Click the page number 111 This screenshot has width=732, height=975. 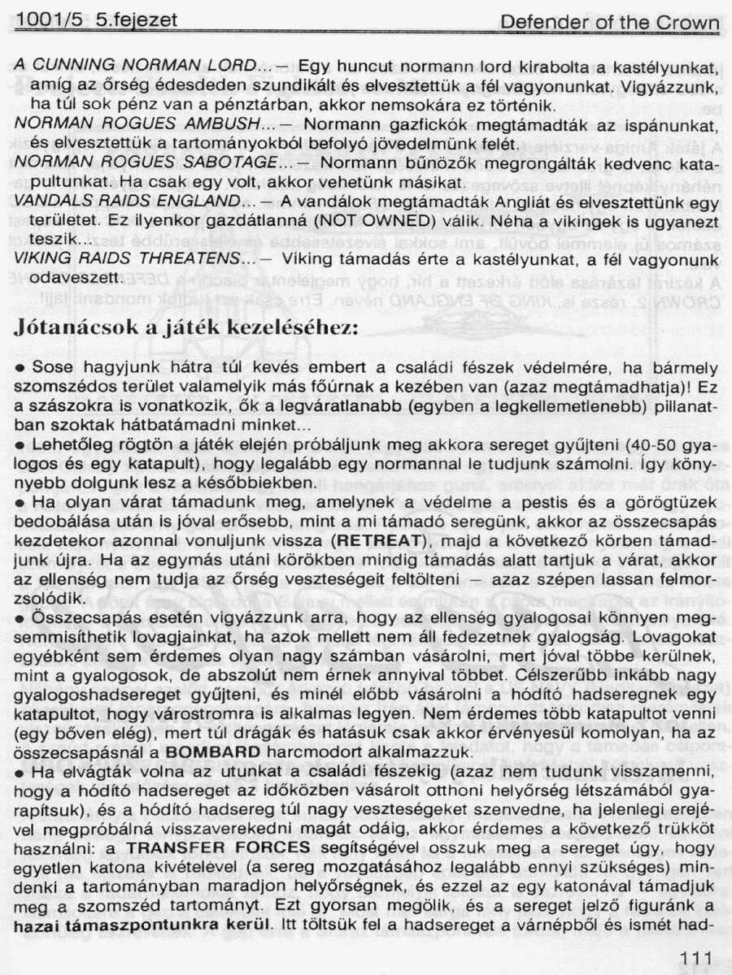694,960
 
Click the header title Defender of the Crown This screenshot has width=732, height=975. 609,24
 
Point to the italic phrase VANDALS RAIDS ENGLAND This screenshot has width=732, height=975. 133,201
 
